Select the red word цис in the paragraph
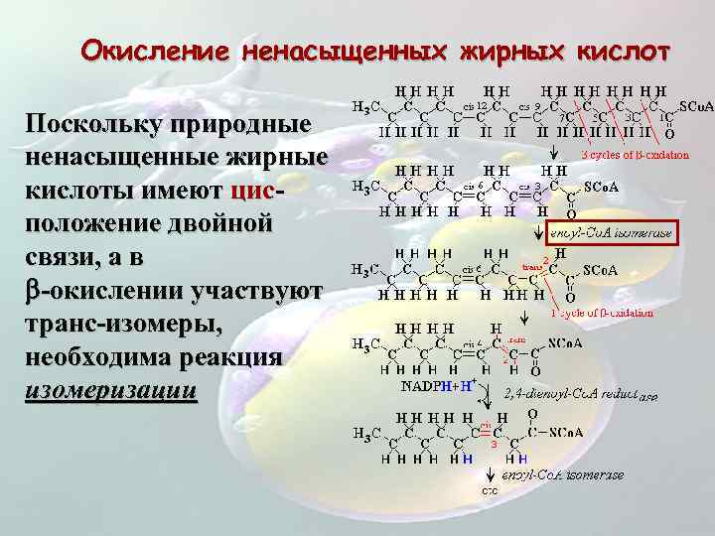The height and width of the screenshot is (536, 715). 248,191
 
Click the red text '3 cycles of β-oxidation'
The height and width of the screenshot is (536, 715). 635,155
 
